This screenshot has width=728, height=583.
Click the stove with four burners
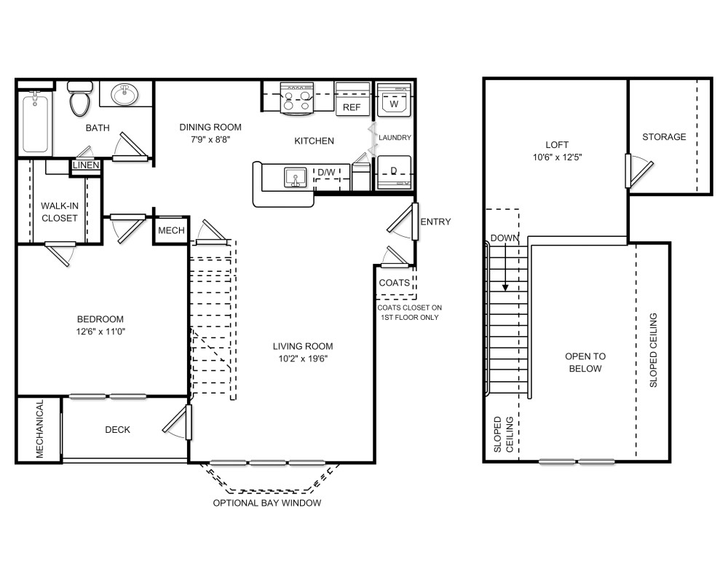(297, 98)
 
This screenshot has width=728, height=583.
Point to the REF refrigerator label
(352, 107)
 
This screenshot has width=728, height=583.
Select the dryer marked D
(394, 172)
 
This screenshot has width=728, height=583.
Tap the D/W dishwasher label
(326, 172)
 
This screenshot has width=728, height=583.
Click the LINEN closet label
(86, 165)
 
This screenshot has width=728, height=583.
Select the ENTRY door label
(435, 222)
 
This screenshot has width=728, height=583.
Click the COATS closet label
(394, 283)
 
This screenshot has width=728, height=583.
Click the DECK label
(117, 430)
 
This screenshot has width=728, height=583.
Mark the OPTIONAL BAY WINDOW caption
(266, 504)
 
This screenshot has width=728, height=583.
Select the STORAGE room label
(664, 137)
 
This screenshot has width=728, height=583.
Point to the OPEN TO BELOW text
(585, 362)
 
